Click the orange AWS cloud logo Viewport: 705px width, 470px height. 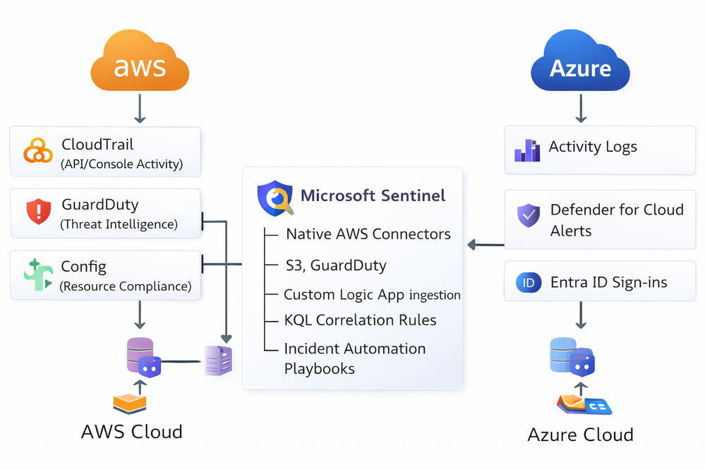140,65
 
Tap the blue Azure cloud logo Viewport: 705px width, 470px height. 580,65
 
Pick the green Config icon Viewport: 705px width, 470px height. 37,275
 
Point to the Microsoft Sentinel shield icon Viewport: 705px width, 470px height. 275,197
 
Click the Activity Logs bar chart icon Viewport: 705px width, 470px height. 527,150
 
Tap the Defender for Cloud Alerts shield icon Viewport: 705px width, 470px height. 528,216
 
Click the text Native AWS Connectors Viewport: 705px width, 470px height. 368,234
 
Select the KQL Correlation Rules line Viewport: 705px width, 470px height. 360,320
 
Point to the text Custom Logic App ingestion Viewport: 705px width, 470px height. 372,294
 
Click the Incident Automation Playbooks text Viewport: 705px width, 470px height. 354,358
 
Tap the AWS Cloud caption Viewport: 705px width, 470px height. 131,431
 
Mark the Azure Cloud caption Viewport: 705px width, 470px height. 580,434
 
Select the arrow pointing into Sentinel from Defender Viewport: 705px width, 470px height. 486,245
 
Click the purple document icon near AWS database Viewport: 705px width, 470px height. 218,361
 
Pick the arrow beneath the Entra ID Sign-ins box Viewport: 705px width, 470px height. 580,315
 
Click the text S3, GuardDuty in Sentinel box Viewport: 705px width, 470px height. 336,265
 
